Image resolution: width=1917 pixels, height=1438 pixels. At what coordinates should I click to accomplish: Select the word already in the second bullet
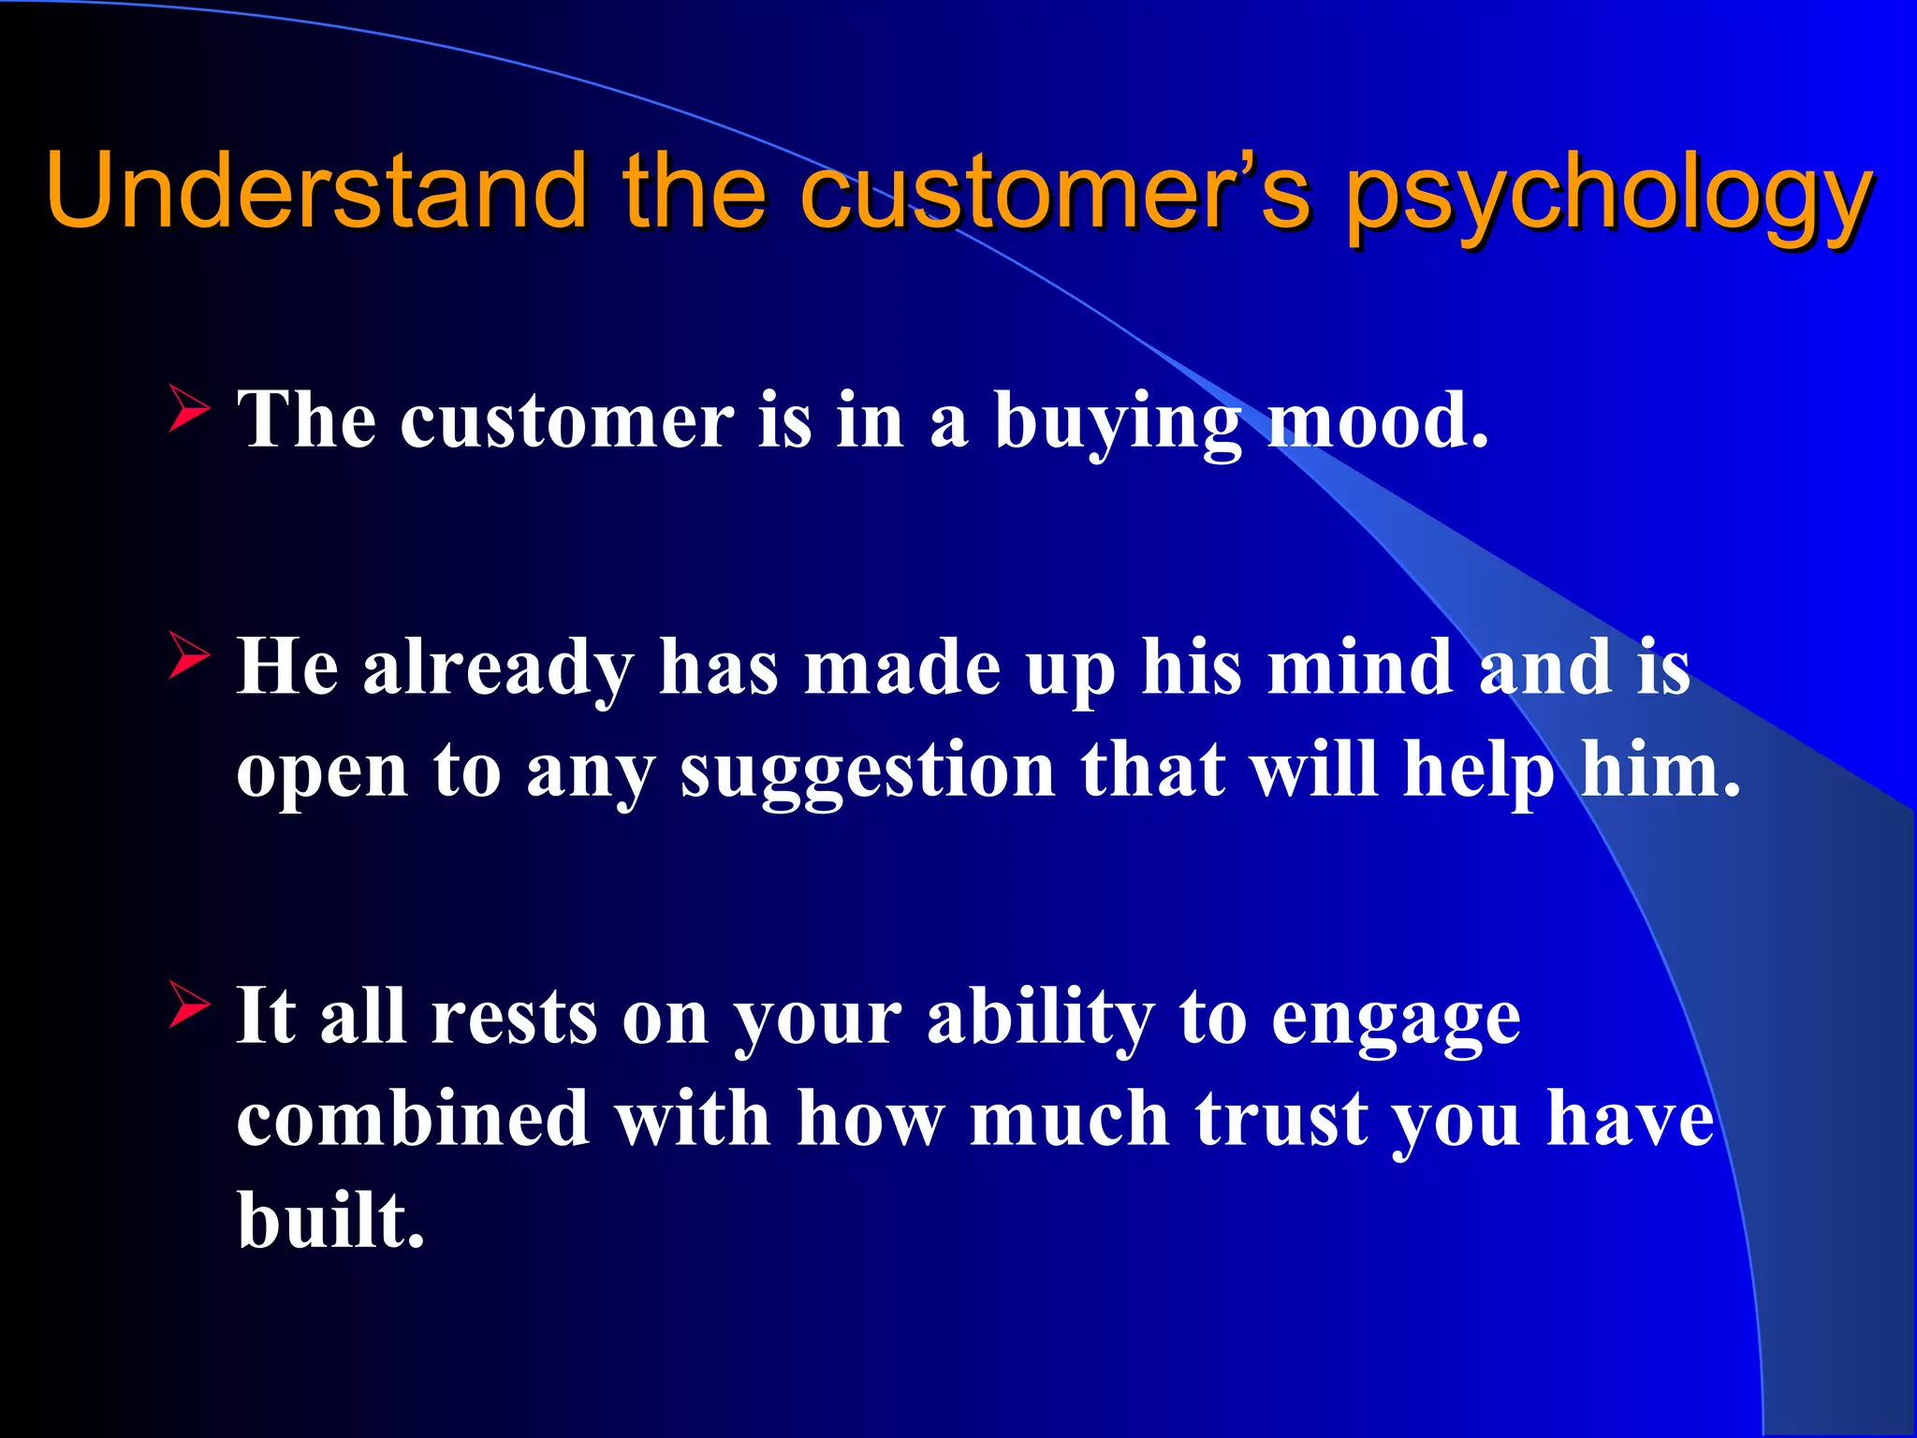tap(498, 668)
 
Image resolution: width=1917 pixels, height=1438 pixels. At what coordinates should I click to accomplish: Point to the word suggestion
tap(868, 771)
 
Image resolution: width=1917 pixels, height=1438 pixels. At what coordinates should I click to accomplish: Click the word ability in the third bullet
tap(1041, 1019)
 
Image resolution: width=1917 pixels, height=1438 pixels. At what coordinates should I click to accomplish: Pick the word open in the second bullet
tap(322, 773)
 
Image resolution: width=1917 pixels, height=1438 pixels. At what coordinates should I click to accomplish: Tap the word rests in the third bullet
tap(514, 1017)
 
